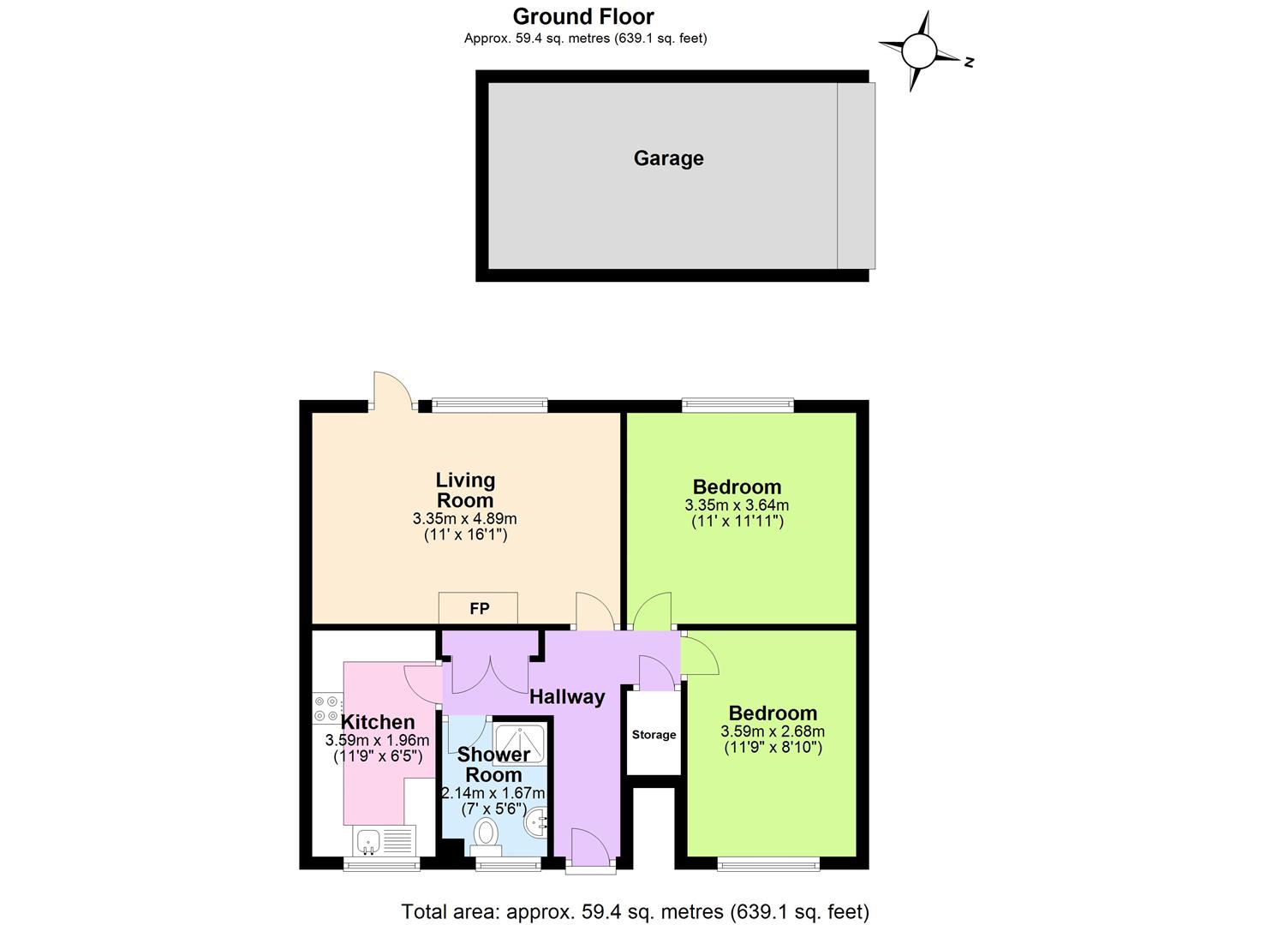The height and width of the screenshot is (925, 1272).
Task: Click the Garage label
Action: pyautogui.click(x=668, y=158)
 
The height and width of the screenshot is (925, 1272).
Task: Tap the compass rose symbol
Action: pyautogui.click(x=920, y=51)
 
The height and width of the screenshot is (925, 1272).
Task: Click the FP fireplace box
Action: pyautogui.click(x=478, y=608)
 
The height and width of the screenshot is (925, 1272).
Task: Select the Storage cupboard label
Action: pyautogui.click(x=654, y=735)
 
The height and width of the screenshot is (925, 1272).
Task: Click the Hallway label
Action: pyautogui.click(x=567, y=697)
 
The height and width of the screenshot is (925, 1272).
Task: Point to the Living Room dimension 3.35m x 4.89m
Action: pyautogui.click(x=464, y=519)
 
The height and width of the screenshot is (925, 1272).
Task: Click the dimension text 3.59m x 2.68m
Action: pyautogui.click(x=773, y=731)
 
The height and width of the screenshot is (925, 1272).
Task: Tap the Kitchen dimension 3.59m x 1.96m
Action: pyautogui.click(x=377, y=741)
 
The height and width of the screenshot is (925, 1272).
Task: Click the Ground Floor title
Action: pyautogui.click(x=583, y=16)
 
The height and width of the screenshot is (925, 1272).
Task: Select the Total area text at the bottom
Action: pyautogui.click(x=635, y=911)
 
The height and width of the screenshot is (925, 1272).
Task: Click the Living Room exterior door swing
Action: pyautogui.click(x=392, y=390)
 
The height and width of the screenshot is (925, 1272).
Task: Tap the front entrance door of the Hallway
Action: pyautogui.click(x=590, y=848)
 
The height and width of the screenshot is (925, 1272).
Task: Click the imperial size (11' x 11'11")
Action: pyautogui.click(x=737, y=521)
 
